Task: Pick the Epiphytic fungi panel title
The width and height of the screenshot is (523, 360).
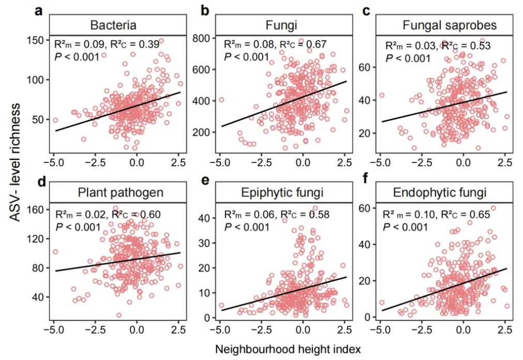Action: coord(282,193)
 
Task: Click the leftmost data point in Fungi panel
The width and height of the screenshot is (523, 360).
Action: coord(221,100)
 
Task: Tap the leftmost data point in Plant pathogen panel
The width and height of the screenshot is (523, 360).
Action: coord(55,252)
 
